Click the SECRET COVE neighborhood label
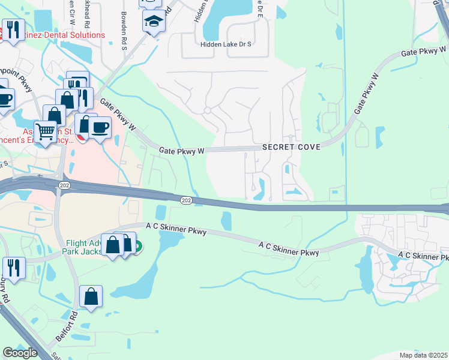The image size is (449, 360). pyautogui.click(x=289, y=148)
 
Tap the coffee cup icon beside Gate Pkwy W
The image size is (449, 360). pyautogui.click(x=100, y=126)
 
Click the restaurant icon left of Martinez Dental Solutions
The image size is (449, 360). pyautogui.click(x=13, y=28)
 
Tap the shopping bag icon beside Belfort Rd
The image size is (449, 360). pyautogui.click(x=90, y=296)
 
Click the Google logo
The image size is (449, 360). pyautogui.click(x=20, y=352)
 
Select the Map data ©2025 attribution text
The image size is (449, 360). pyautogui.click(x=423, y=355)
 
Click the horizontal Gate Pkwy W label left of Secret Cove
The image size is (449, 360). pyautogui.click(x=182, y=151)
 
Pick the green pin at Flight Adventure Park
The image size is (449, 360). pyautogui.click(x=137, y=246)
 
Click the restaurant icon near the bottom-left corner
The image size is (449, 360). pyautogui.click(x=13, y=266)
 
